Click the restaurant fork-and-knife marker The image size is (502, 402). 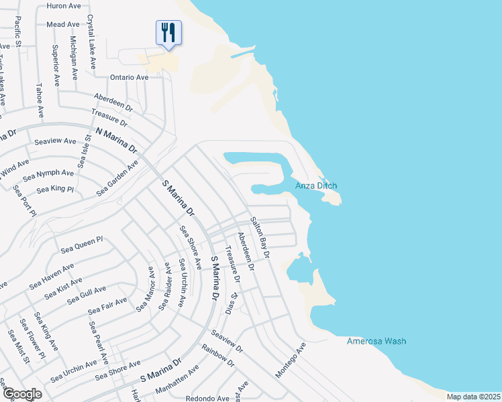click(x=168, y=32)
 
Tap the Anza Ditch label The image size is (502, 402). click(x=316, y=186)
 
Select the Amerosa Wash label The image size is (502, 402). click(x=376, y=341)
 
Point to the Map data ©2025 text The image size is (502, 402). click(x=473, y=397)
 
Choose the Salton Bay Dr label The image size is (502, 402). click(x=259, y=237)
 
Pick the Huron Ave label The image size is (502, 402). click(x=64, y=5)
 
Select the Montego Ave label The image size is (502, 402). click(x=291, y=360)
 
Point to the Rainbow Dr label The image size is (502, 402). click(x=219, y=355)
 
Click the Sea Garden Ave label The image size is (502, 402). click(x=117, y=178)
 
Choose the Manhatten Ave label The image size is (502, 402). click(x=175, y=375)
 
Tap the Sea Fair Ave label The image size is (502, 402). click(x=107, y=307)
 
